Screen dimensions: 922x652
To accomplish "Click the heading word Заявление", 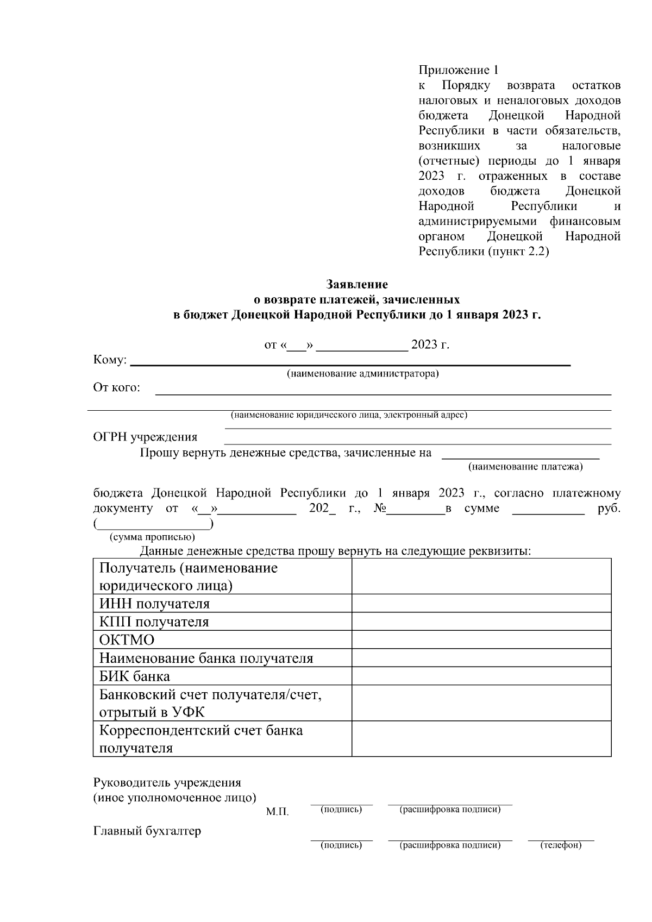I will coord(357,284).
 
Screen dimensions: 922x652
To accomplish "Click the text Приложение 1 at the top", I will coord(458,70).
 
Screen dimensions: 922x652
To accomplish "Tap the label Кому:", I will coord(110,360).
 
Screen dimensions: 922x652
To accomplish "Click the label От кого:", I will coord(117,387).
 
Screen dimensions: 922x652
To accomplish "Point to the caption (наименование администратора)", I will coord(363,374).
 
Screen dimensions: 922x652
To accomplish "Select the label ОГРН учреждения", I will coord(145,437).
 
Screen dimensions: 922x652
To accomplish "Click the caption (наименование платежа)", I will coord(525,466).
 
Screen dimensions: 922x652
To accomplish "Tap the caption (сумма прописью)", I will coord(152,537).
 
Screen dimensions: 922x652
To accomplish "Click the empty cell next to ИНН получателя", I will coord(481,603).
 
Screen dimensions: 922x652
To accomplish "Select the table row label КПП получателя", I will coord(154,622).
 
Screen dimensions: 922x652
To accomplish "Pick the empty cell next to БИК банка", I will coord(481,676).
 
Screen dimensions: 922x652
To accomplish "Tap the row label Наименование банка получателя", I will coord(206,658).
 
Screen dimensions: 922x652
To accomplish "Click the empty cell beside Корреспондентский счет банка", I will coord(481,738).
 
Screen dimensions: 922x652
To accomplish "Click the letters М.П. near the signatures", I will coord(277,812).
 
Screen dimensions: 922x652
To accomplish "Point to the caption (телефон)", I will coord(561,845).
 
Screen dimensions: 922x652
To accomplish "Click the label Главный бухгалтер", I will coord(147,831).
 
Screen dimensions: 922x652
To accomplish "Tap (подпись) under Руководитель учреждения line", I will coord(341,810).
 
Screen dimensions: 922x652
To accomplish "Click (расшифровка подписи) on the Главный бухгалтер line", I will coord(450,845).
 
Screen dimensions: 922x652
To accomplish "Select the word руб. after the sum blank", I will coord(609,509).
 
